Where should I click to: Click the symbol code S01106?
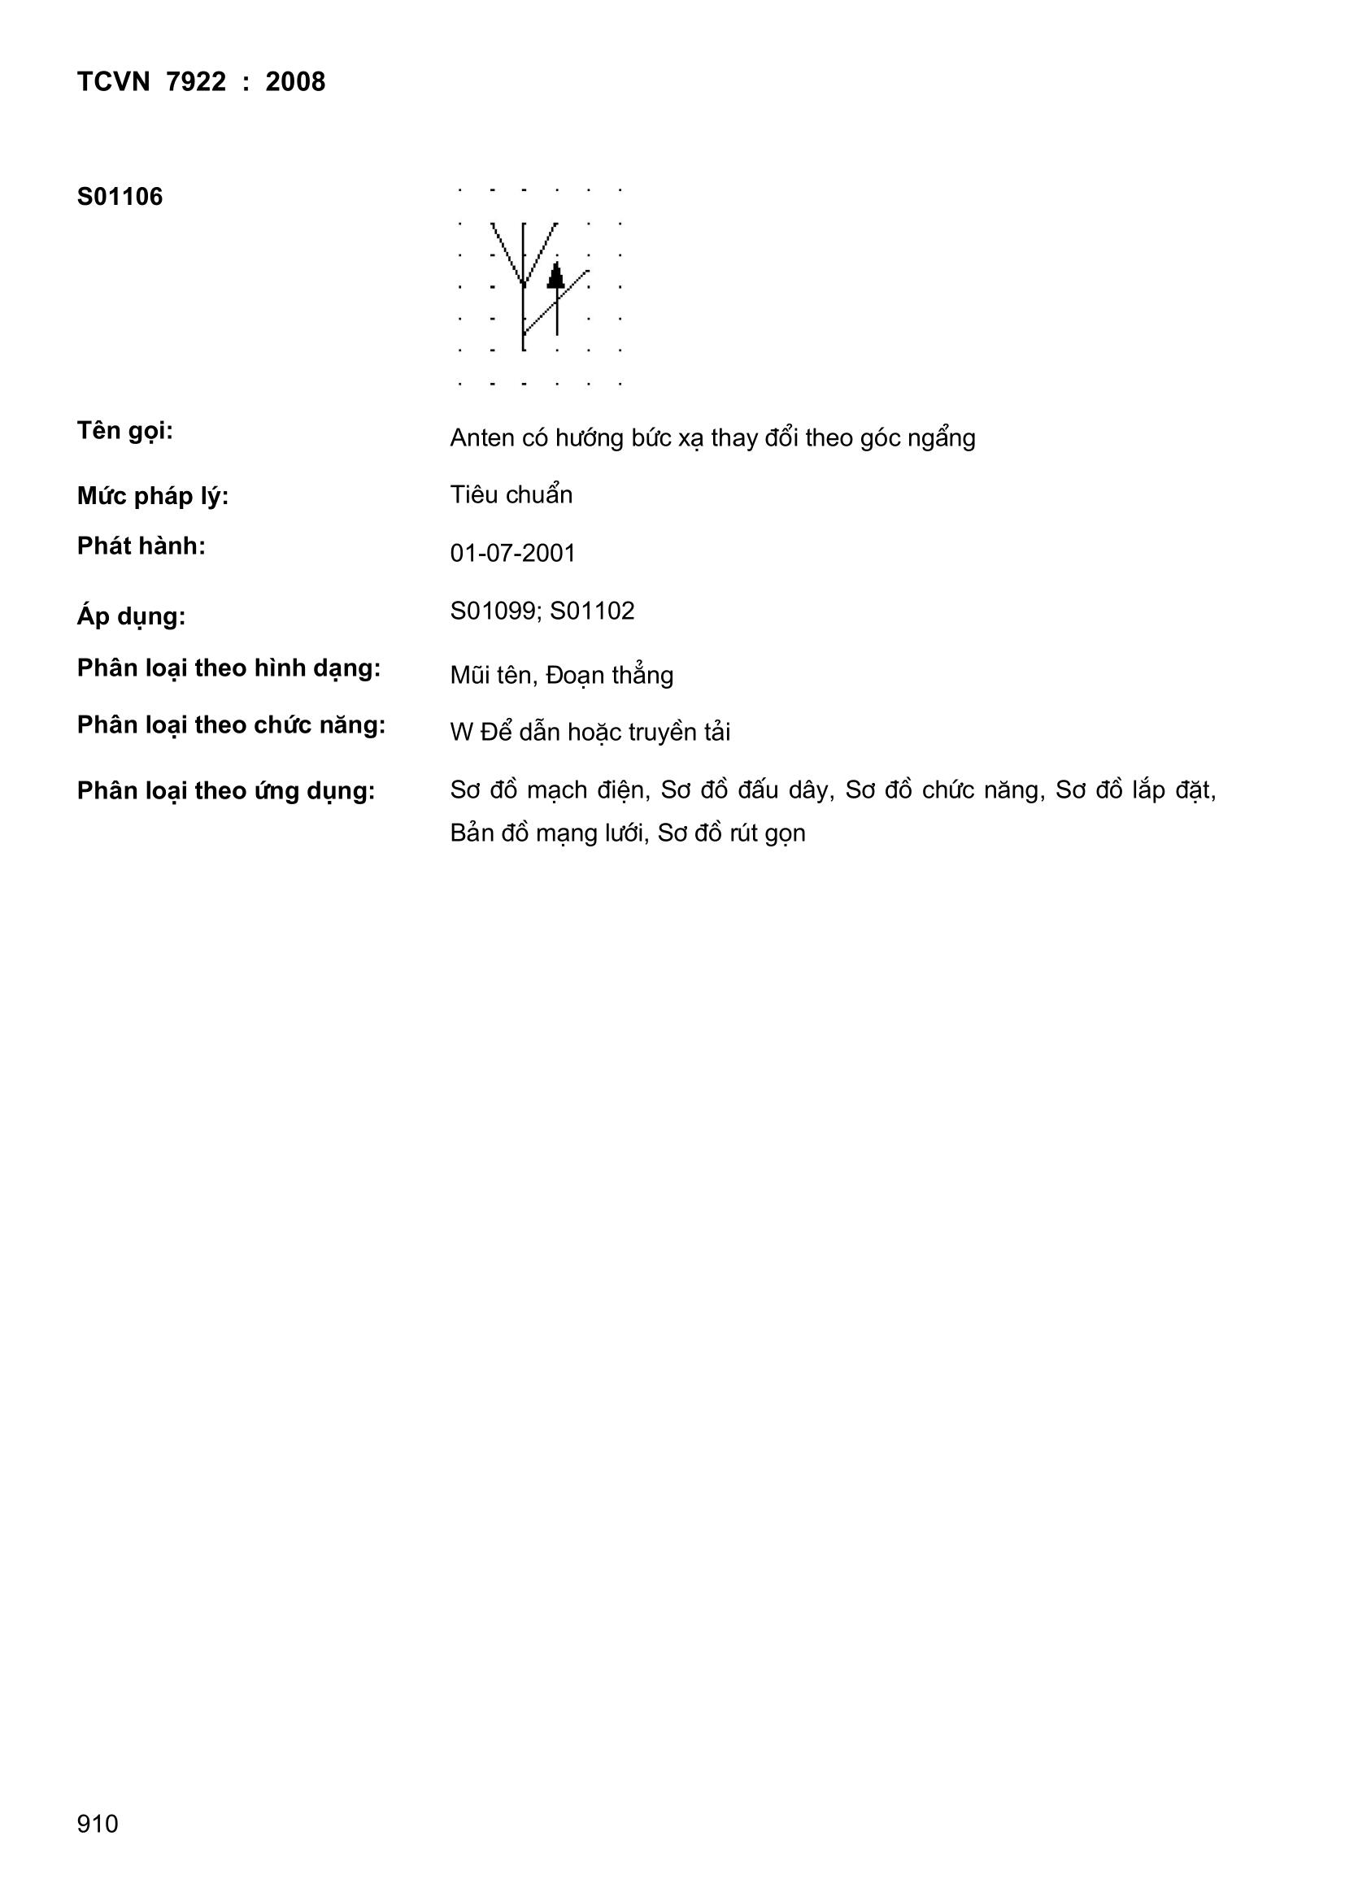(x=120, y=197)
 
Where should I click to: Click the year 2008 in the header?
(x=295, y=82)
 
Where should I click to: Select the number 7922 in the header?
(x=196, y=82)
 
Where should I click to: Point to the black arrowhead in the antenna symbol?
(x=555, y=276)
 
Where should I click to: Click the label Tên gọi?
(x=124, y=432)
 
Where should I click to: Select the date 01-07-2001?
(x=512, y=553)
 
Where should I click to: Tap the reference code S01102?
(x=592, y=611)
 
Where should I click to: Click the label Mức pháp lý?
(x=152, y=497)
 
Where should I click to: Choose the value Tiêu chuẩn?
(x=511, y=495)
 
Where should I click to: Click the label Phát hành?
(x=141, y=546)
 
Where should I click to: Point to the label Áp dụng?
(x=131, y=617)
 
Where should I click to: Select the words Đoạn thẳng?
(x=610, y=676)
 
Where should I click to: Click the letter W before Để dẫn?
(x=460, y=733)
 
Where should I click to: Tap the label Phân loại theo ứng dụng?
(x=225, y=791)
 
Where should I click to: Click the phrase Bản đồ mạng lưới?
(x=547, y=833)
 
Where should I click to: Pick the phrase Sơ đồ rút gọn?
(x=731, y=833)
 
